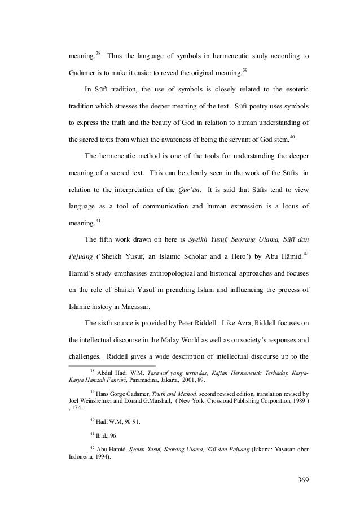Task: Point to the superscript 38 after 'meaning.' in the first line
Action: click(x=98, y=54)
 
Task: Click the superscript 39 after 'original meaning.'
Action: click(x=245, y=70)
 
